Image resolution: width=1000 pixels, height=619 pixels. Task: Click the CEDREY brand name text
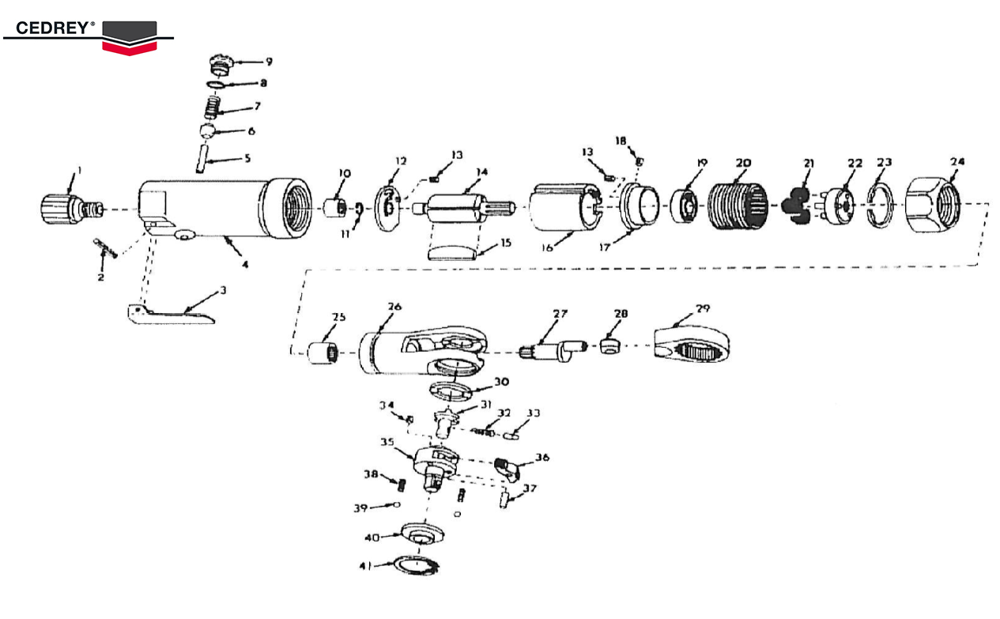[53, 28]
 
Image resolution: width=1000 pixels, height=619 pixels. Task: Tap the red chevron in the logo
[130, 48]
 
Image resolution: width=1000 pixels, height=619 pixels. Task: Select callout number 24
[957, 161]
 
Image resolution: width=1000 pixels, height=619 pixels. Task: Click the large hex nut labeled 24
[933, 205]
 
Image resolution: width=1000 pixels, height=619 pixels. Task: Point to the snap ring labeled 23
[880, 206]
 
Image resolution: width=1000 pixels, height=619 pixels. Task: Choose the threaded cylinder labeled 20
[738, 206]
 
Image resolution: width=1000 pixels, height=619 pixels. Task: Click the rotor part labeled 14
[464, 208]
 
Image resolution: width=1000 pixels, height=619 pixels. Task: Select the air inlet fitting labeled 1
[71, 209]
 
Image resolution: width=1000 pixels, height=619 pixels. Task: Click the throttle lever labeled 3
[171, 315]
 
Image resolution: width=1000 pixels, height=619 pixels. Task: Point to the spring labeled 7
[213, 108]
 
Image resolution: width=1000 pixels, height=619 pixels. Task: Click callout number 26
[394, 307]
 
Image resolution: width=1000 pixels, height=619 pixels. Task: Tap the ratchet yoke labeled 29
[692, 345]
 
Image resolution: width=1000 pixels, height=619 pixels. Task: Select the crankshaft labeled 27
[553, 350]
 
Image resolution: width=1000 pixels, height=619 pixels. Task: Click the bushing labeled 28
[609, 345]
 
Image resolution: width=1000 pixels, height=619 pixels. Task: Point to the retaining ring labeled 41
[416, 565]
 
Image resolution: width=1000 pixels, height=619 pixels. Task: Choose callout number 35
[387, 442]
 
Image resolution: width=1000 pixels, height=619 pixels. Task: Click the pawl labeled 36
[507, 470]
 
